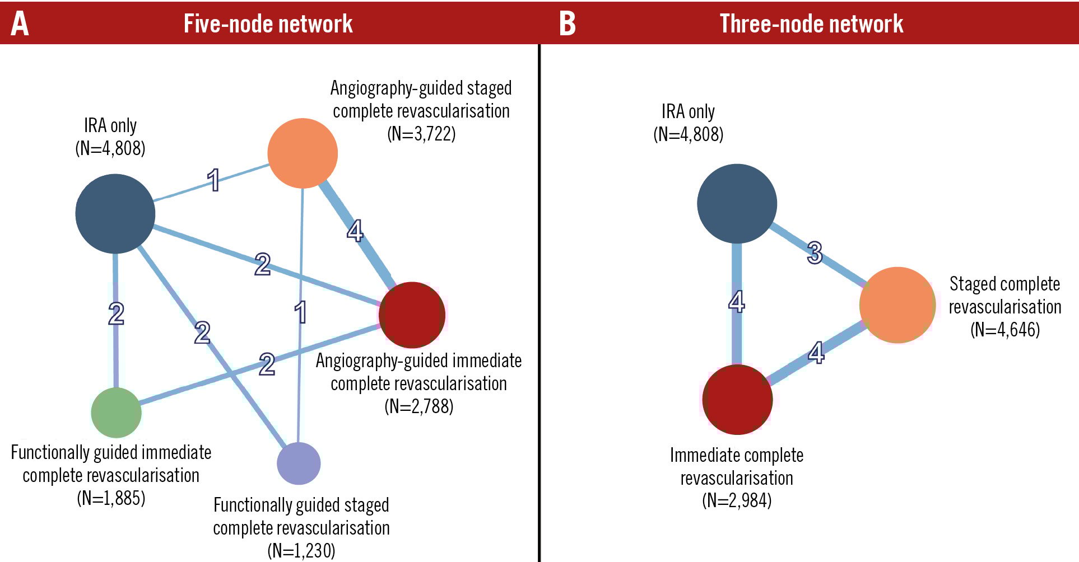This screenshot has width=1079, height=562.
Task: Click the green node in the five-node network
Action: click(116, 413)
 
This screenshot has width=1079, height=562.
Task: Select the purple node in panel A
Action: click(299, 463)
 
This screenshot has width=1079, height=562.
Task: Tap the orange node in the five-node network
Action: click(303, 153)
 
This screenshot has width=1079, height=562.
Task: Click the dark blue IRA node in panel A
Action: click(115, 213)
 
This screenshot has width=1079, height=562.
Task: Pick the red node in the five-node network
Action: click(412, 315)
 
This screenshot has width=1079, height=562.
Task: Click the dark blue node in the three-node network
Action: click(737, 203)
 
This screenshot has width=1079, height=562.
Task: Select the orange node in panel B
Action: click(897, 305)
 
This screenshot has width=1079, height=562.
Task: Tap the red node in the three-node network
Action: click(737, 399)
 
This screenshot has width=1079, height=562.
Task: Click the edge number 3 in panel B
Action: click(815, 252)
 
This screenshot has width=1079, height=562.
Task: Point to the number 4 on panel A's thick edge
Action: click(355, 231)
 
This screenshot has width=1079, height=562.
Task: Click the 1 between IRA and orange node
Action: click(213, 180)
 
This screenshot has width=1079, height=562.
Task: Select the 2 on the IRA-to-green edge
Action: click(116, 313)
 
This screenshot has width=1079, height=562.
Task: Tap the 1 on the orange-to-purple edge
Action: click(301, 312)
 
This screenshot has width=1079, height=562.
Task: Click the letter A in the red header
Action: click(20, 24)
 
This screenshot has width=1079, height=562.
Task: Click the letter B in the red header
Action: click(567, 24)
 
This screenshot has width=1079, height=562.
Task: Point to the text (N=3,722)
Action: click(421, 134)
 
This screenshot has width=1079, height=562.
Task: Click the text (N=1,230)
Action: click(301, 551)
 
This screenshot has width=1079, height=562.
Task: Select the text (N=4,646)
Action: click(1005, 329)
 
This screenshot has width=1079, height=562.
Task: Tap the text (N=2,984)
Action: click(737, 500)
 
